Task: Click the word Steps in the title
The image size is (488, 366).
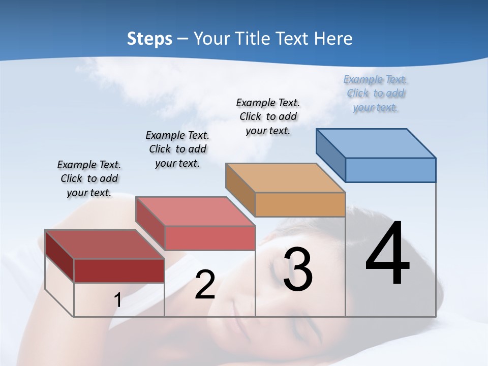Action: click(149, 39)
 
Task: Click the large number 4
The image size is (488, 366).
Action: click(387, 254)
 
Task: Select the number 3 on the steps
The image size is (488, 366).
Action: click(298, 269)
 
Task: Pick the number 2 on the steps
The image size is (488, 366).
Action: click(205, 285)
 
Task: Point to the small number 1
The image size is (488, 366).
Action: click(117, 300)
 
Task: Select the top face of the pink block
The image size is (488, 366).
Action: click(195, 211)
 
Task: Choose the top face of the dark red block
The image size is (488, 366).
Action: click(105, 245)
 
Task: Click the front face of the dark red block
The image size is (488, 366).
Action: click(119, 270)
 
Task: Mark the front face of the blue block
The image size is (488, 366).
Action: click(390, 170)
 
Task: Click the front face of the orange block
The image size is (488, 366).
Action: click(300, 204)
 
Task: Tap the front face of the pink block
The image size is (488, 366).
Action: click(209, 238)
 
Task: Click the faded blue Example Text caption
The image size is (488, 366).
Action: click(375, 94)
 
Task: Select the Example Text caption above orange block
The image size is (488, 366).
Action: click(268, 116)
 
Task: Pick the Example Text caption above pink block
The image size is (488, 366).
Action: click(177, 149)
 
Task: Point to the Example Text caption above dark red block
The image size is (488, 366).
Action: click(89, 178)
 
